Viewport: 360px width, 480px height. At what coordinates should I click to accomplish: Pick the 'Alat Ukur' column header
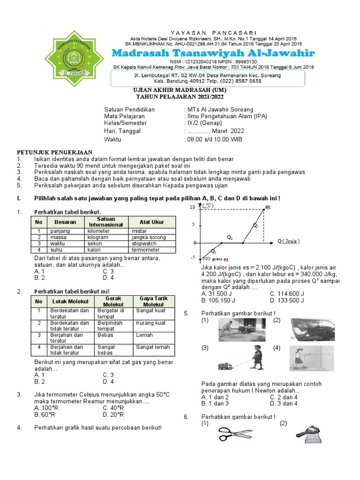[152, 222]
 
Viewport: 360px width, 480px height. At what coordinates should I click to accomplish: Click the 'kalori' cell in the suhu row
[96, 250]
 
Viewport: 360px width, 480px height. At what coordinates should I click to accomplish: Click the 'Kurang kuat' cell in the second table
[150, 323]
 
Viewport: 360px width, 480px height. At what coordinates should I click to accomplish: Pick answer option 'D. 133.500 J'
[287, 300]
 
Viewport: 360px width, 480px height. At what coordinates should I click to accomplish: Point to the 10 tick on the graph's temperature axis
[192, 207]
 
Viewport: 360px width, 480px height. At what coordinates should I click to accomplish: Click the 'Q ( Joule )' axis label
[295, 241]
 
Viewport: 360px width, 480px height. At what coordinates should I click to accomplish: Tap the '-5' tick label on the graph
[192, 257]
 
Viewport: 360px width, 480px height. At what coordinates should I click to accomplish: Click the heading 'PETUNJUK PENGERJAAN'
[55, 152]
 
